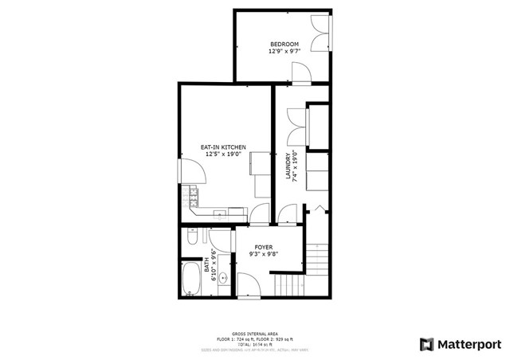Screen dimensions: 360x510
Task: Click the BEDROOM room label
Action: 284,44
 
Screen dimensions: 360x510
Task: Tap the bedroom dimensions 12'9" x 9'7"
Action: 284,51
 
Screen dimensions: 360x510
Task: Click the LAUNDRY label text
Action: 288,167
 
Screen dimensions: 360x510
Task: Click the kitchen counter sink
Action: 236,211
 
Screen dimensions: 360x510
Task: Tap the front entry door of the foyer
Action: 247,286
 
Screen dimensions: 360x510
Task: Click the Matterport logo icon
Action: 427,344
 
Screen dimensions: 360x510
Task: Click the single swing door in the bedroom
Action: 301,73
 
